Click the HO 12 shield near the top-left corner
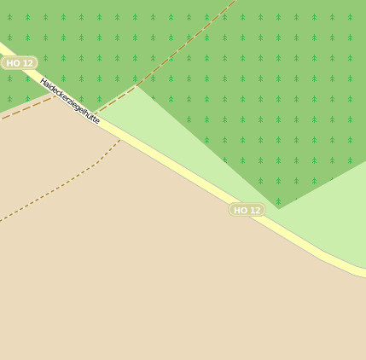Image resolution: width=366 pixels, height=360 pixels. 19,63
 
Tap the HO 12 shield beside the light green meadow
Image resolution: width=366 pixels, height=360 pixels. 247,210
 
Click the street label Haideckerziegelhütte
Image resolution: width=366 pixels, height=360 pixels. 70,101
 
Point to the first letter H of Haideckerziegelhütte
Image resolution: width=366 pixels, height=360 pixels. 43,81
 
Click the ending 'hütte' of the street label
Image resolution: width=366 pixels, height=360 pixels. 90,117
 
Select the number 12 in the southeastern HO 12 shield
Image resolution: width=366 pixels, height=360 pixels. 254,210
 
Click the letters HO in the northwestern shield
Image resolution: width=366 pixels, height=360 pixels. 12,63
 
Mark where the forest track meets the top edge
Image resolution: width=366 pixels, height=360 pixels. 233,2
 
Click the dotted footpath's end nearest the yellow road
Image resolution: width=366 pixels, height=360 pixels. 119,141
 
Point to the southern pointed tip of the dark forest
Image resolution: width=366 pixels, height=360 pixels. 279,208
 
